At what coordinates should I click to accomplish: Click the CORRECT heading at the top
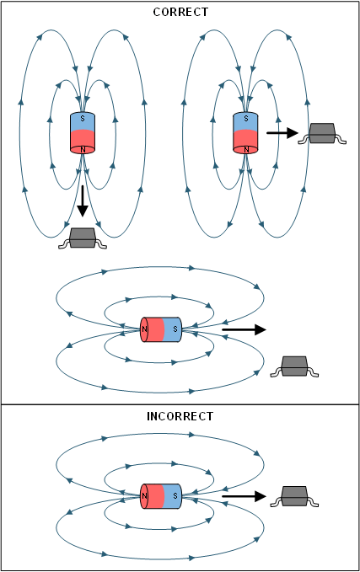point(180,13)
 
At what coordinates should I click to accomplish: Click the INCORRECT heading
point(180,416)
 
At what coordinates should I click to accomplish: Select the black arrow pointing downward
point(83,202)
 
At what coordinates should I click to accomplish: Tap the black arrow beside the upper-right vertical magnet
point(282,132)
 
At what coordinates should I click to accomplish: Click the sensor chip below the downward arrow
point(82,238)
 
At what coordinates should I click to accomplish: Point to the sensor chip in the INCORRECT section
point(294,496)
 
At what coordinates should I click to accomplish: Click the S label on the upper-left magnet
point(83,119)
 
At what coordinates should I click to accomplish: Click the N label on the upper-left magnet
point(83,149)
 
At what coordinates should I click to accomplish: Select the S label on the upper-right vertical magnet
point(246,119)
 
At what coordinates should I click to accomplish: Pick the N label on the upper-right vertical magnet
point(246,149)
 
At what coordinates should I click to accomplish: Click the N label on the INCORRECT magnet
point(145,496)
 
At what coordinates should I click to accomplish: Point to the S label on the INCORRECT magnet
point(175,496)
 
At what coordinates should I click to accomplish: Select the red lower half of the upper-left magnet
point(83,139)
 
